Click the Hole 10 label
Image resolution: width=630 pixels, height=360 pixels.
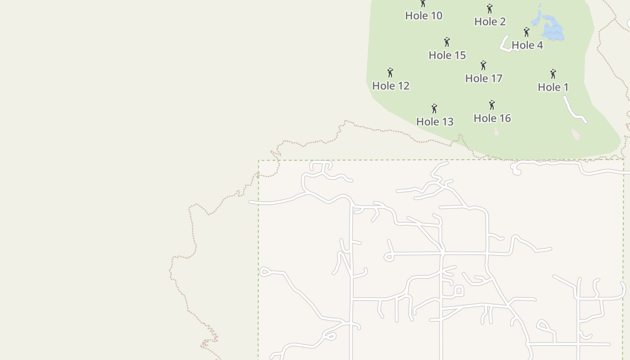tap(423, 16)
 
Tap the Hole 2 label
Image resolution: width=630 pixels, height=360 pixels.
tap(490, 22)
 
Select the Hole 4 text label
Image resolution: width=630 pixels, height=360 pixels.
tap(527, 45)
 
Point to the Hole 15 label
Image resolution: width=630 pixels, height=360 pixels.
tap(447, 55)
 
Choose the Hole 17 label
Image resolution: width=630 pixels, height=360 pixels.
tap(483, 78)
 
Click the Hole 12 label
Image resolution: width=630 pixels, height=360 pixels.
tap(391, 86)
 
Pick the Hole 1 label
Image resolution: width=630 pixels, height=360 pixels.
tap(553, 87)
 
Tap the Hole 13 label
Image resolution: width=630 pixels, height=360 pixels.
tap(435, 121)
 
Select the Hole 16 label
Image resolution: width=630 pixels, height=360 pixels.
tap(492, 118)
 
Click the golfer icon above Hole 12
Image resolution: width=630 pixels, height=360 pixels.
tap(390, 72)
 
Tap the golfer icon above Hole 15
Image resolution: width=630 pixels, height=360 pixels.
tap(447, 42)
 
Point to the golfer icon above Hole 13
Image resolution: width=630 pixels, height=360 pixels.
tap(434, 108)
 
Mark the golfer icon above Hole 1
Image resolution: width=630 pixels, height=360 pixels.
tap(553, 74)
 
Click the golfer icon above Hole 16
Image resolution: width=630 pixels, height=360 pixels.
tap(492, 105)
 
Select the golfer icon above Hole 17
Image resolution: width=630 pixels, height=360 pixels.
tap(483, 65)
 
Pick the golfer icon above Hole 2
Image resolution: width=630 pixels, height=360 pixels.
tap(490, 9)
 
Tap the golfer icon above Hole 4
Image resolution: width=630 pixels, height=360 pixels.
tap(526, 32)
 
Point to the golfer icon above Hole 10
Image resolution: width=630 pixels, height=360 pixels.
tap(423, 4)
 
